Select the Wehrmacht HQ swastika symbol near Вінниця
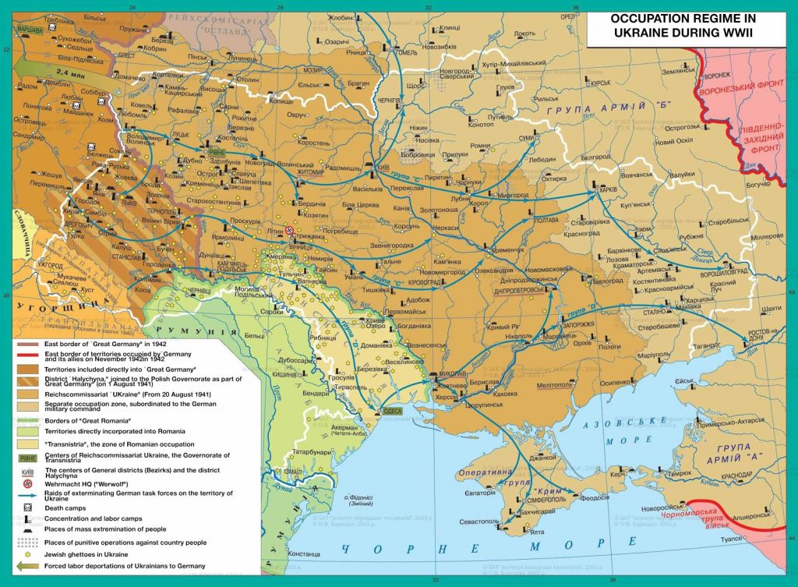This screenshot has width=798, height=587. (288, 232)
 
